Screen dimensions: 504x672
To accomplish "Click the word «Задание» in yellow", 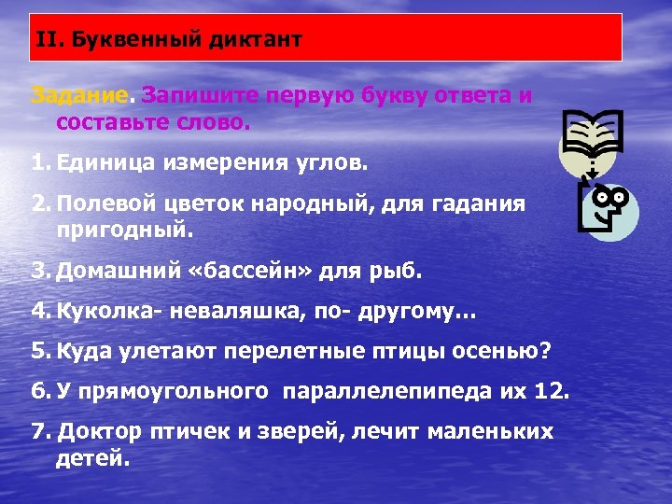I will pyautogui.click(x=83, y=95).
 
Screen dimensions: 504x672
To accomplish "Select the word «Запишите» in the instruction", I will pyautogui.click(x=199, y=95).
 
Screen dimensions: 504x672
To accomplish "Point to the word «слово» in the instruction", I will pyautogui.click(x=215, y=121).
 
